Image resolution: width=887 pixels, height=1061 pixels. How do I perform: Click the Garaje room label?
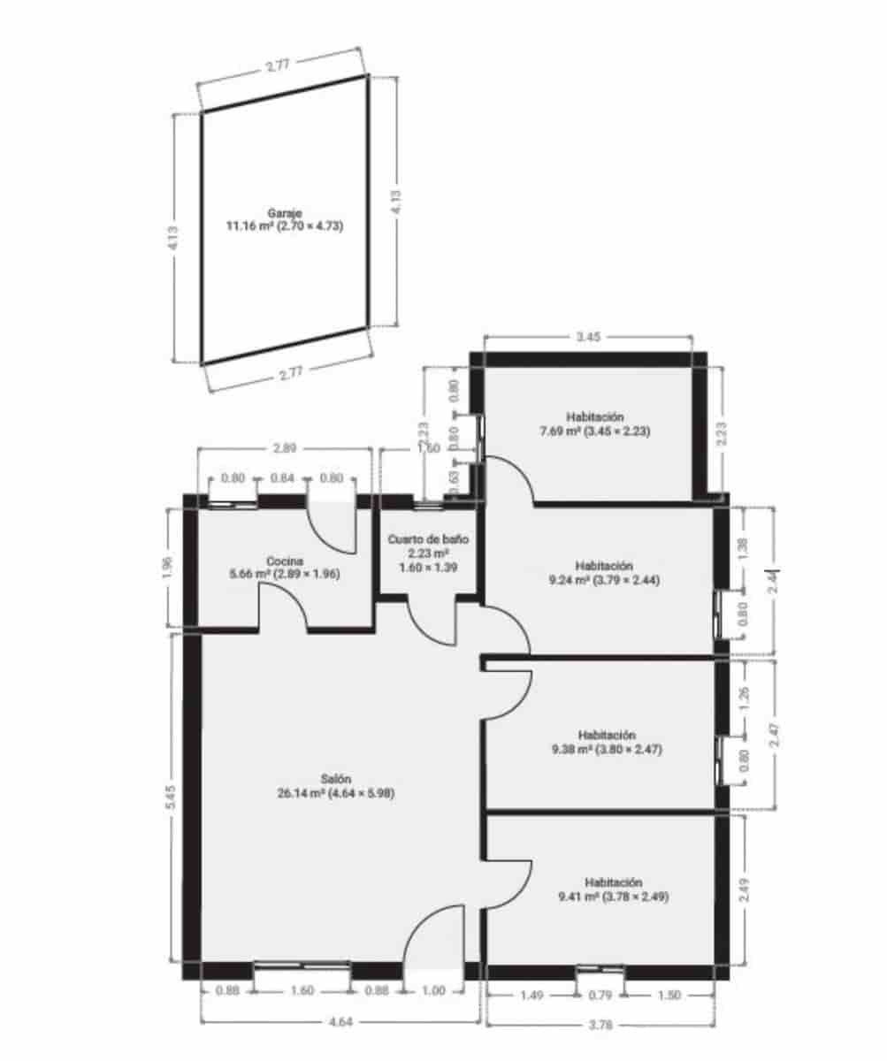(285, 213)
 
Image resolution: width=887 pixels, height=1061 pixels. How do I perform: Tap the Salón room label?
(336, 779)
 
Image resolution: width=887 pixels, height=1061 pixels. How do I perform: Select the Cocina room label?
(286, 561)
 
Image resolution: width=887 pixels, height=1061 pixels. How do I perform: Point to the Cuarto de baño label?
(429, 538)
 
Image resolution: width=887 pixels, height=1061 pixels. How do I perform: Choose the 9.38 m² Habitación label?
(607, 735)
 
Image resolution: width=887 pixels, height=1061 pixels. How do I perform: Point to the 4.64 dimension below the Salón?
(340, 1022)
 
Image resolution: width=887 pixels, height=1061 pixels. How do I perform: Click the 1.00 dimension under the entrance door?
(434, 991)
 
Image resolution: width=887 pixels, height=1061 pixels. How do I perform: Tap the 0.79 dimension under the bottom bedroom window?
(600, 996)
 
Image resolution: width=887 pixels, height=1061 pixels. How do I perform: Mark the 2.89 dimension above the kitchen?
(284, 449)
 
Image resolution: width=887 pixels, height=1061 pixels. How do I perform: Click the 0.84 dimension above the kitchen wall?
(282, 478)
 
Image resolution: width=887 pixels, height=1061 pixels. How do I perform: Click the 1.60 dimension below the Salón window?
(302, 991)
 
